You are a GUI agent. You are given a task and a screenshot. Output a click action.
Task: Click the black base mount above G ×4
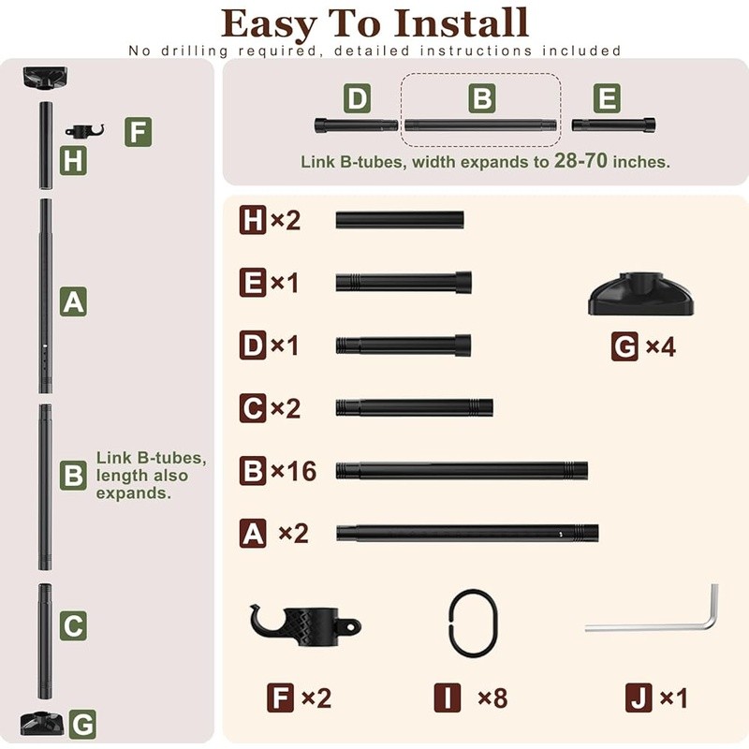[640, 294]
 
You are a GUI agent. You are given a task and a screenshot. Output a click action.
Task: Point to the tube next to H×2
[400, 220]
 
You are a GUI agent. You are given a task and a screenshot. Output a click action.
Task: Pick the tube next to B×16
[462, 471]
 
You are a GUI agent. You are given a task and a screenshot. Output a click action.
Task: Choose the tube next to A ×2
[467, 533]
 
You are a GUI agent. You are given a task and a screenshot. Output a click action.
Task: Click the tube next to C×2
[414, 407]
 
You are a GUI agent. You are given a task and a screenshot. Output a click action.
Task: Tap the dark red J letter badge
[639, 698]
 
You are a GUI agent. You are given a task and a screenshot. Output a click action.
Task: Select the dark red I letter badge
[448, 698]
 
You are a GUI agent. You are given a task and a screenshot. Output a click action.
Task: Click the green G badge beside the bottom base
[82, 724]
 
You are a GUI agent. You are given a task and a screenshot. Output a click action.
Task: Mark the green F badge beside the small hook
[138, 132]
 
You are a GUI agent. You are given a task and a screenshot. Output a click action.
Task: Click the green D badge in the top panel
[357, 98]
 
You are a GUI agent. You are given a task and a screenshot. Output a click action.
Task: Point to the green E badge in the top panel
[607, 98]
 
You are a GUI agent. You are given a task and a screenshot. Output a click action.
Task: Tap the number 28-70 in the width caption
[580, 160]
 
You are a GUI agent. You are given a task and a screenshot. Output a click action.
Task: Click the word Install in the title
[462, 22]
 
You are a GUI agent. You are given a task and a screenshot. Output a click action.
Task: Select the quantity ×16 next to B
[293, 471]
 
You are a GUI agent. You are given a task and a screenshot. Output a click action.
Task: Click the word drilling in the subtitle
[195, 51]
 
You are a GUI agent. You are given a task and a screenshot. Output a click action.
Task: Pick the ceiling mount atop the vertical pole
[45, 78]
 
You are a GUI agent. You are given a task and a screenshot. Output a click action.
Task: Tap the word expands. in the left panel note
[134, 493]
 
